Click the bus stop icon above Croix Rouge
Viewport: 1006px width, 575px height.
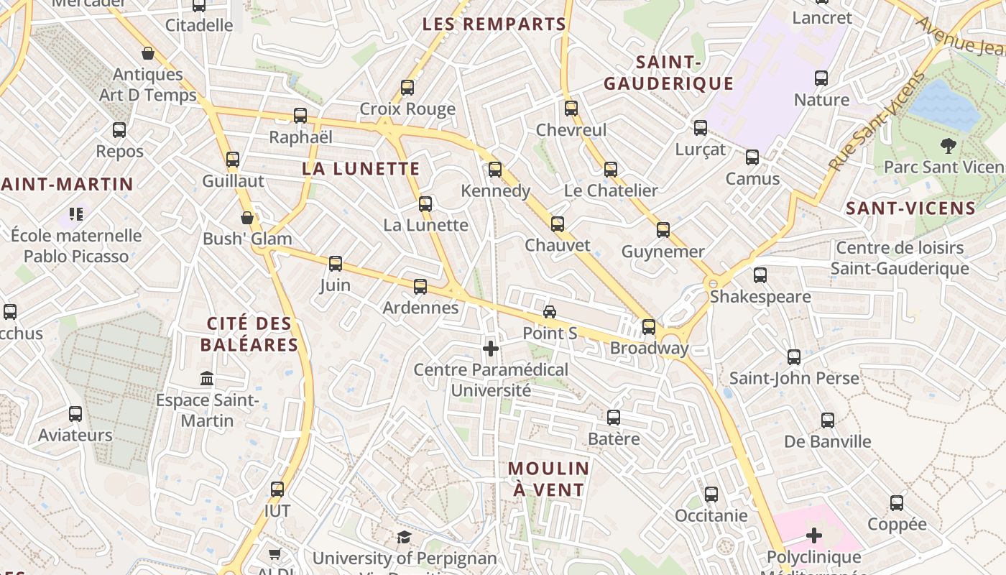[x=407, y=88]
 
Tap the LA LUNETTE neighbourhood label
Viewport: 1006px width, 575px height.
[x=361, y=169]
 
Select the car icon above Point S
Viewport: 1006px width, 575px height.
[x=550, y=311]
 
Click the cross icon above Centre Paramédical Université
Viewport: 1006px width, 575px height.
[x=491, y=349]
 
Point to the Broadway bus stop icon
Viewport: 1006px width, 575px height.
[x=649, y=327]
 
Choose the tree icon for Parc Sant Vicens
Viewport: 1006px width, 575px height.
[x=949, y=146]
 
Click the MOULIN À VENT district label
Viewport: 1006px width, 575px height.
[x=548, y=479]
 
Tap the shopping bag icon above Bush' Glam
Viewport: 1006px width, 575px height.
[x=247, y=217]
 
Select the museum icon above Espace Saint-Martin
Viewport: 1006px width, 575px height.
[x=207, y=378]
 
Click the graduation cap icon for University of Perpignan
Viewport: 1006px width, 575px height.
[x=404, y=537]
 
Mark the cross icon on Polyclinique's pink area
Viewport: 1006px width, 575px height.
[x=813, y=535]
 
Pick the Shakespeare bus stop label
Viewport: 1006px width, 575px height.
[x=760, y=296]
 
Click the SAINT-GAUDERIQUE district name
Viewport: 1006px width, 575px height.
[x=668, y=73]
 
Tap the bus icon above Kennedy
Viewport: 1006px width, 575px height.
[x=495, y=170]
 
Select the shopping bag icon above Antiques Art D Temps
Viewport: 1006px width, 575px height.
[x=148, y=53]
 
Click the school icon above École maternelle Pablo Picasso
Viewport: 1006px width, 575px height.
[x=76, y=213]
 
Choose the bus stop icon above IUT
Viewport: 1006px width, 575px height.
[x=277, y=489]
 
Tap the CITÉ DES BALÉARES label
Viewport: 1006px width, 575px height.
[x=249, y=334]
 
